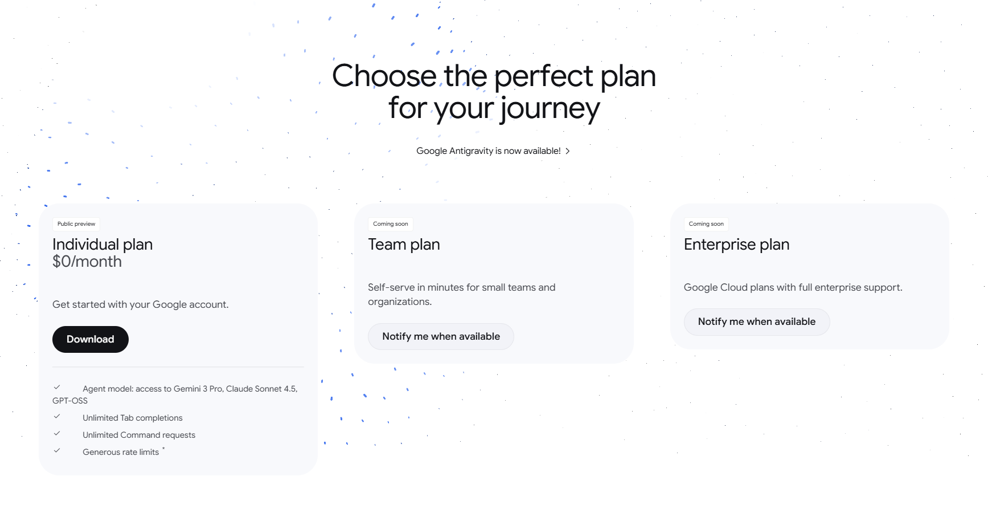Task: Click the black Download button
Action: [91, 339]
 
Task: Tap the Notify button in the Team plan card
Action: [441, 336]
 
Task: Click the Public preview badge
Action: [76, 224]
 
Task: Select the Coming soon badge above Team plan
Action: [391, 224]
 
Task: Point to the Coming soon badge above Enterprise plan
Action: [706, 224]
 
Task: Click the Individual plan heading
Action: [103, 245]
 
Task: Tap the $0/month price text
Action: [87, 262]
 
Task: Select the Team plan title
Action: [404, 245]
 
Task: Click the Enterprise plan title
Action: [736, 245]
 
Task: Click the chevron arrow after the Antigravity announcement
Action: [568, 151]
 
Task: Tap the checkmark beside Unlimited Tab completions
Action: [57, 416]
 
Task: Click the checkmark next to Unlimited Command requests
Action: [57, 433]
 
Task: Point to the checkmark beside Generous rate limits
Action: [57, 450]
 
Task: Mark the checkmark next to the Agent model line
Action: [57, 387]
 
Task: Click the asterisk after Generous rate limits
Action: [163, 449]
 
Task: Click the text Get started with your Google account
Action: [141, 304]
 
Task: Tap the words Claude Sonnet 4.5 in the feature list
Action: [261, 389]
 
